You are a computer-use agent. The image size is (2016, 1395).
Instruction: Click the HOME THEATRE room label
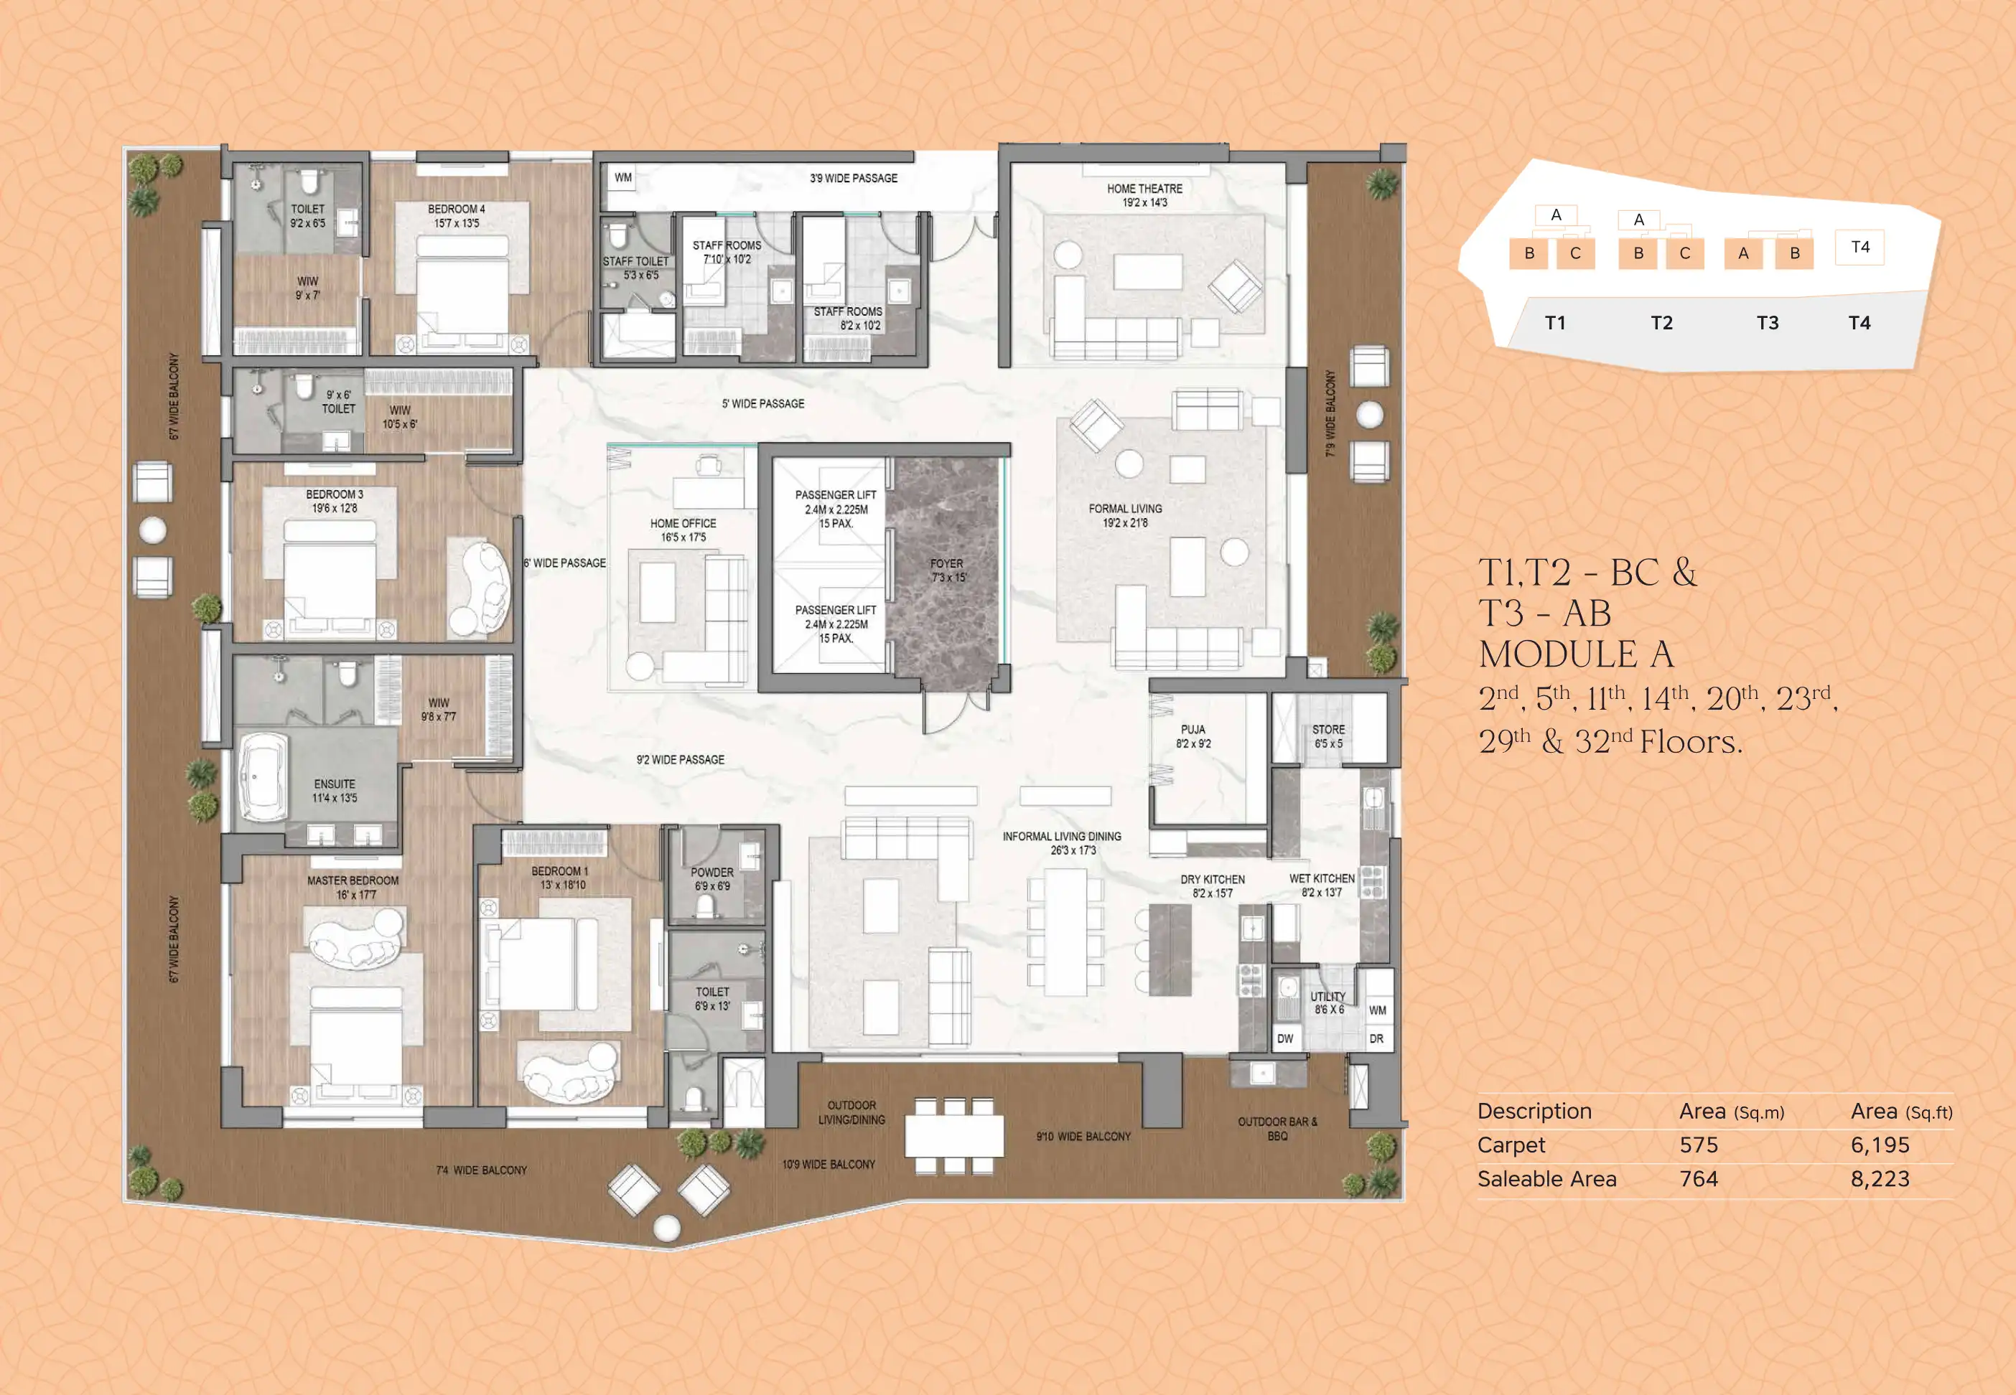point(1144,189)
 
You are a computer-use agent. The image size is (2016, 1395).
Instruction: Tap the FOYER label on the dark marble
point(946,564)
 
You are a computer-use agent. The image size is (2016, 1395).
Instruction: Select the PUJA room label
point(1193,730)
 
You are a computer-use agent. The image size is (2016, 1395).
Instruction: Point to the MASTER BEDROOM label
point(353,881)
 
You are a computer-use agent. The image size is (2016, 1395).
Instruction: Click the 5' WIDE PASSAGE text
point(762,404)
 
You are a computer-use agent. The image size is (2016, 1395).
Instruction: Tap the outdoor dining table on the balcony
point(954,1136)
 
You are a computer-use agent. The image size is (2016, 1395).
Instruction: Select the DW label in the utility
point(1284,1039)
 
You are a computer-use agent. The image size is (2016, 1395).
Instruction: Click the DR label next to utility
point(1376,1039)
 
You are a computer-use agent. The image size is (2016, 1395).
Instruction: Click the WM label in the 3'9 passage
point(622,177)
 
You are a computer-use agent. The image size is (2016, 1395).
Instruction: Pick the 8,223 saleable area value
point(1880,1179)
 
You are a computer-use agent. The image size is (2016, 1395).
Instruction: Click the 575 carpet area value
point(1698,1145)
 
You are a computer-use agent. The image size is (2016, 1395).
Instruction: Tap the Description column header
point(1534,1111)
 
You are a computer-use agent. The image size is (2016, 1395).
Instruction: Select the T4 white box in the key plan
point(1859,248)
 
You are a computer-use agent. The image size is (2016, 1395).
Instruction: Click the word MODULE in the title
point(1558,654)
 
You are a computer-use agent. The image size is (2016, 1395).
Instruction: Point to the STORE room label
point(1328,730)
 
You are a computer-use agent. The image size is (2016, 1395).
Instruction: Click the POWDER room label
point(711,873)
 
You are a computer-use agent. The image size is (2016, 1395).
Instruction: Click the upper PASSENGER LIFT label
point(835,494)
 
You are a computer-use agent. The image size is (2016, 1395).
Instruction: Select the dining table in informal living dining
point(1065,931)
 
